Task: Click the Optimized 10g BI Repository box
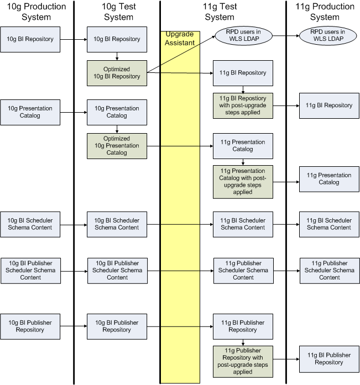point(117,73)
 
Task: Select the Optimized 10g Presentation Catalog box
point(117,145)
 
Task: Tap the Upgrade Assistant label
point(179,38)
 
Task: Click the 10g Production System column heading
point(36,12)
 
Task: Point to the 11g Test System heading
point(220,12)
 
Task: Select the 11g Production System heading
point(325,12)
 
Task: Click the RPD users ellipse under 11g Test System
point(243,36)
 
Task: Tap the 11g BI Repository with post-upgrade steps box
point(243,106)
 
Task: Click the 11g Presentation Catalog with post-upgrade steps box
point(243,182)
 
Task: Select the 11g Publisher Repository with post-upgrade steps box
point(243,361)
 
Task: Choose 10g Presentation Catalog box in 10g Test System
point(117,112)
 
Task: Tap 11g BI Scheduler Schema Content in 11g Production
point(329,224)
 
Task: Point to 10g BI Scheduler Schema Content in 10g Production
point(30,224)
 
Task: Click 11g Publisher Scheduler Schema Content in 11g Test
point(243,271)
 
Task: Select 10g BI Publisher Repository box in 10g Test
point(117,326)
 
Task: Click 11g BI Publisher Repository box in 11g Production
point(329,358)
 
